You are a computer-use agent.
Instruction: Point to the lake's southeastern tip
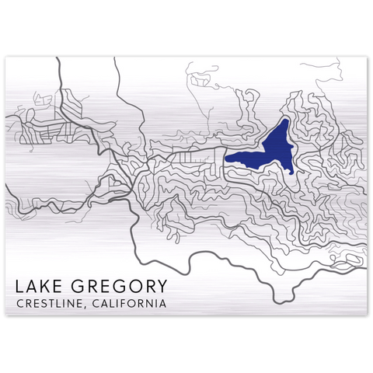point(294,173)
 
